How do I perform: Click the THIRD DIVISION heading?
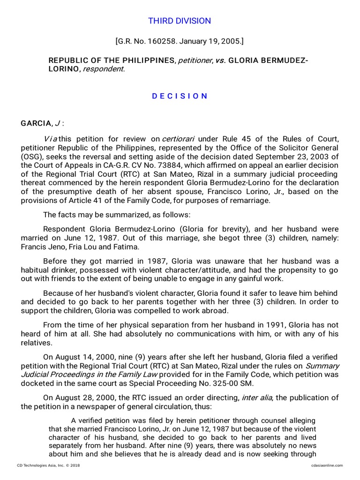[x=180, y=21]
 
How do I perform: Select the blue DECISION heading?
[x=180, y=96]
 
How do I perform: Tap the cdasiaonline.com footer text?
[x=327, y=465]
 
